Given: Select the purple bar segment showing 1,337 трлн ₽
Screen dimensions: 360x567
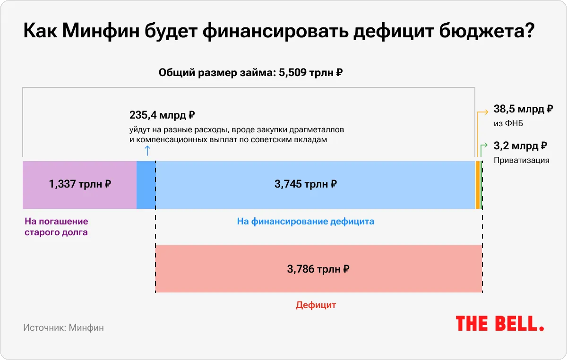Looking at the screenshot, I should click(x=79, y=184).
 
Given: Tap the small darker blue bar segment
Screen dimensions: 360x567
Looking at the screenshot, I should click(x=146, y=184).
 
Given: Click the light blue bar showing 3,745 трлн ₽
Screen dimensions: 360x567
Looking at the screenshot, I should click(x=315, y=184).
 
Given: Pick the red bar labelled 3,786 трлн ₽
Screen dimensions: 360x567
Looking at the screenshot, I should click(x=318, y=269).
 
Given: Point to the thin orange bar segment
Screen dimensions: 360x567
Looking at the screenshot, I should click(x=478, y=184).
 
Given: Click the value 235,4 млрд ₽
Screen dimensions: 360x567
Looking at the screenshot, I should click(x=162, y=115).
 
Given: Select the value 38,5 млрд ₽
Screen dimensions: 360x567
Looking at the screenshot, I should click(x=523, y=109).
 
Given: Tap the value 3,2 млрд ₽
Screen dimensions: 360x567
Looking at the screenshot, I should click(x=520, y=146).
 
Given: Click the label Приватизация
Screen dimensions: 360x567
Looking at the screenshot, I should click(x=521, y=160).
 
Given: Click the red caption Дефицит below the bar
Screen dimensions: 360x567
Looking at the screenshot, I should click(x=316, y=305).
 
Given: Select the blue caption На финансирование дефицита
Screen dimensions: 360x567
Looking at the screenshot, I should click(x=305, y=221).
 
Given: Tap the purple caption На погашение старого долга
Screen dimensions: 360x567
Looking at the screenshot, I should click(x=56, y=227).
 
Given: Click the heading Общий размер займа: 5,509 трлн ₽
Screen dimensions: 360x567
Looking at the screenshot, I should click(x=250, y=73).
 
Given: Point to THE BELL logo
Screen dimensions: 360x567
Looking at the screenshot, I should click(x=499, y=324).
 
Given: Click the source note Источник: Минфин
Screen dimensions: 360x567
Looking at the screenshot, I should click(x=63, y=327).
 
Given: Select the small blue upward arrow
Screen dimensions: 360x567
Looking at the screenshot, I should click(x=146, y=150).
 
